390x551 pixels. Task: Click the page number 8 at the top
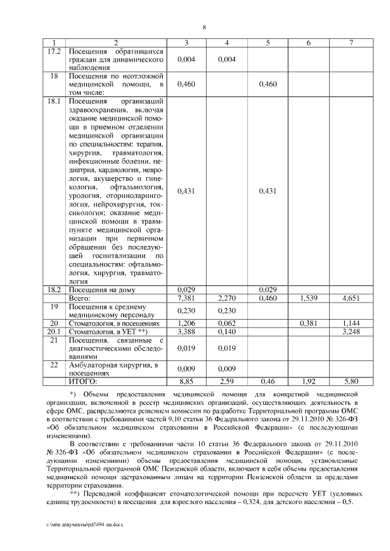click(204, 27)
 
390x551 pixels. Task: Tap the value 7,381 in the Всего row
click(186, 298)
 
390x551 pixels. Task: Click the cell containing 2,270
click(226, 298)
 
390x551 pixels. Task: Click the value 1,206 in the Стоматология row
click(186, 323)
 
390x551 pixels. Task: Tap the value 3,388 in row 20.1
click(186, 332)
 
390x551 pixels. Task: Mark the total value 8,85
click(186, 381)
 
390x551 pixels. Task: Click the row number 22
click(55, 365)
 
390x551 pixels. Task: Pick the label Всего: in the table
click(79, 298)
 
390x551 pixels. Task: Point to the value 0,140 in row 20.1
click(226, 332)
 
